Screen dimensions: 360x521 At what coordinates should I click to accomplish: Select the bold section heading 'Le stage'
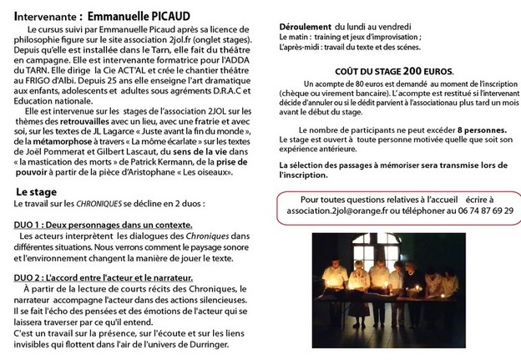click(37, 192)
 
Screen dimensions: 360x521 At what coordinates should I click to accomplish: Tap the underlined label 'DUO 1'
click(30, 226)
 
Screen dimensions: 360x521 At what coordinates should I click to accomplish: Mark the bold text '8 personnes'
click(474, 131)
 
